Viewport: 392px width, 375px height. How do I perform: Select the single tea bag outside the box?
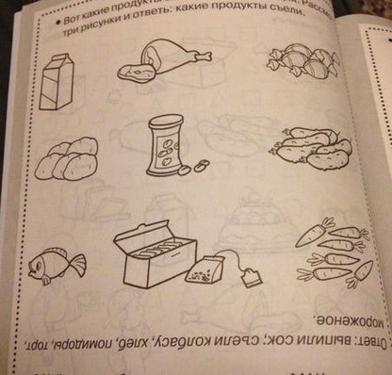[201, 275]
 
